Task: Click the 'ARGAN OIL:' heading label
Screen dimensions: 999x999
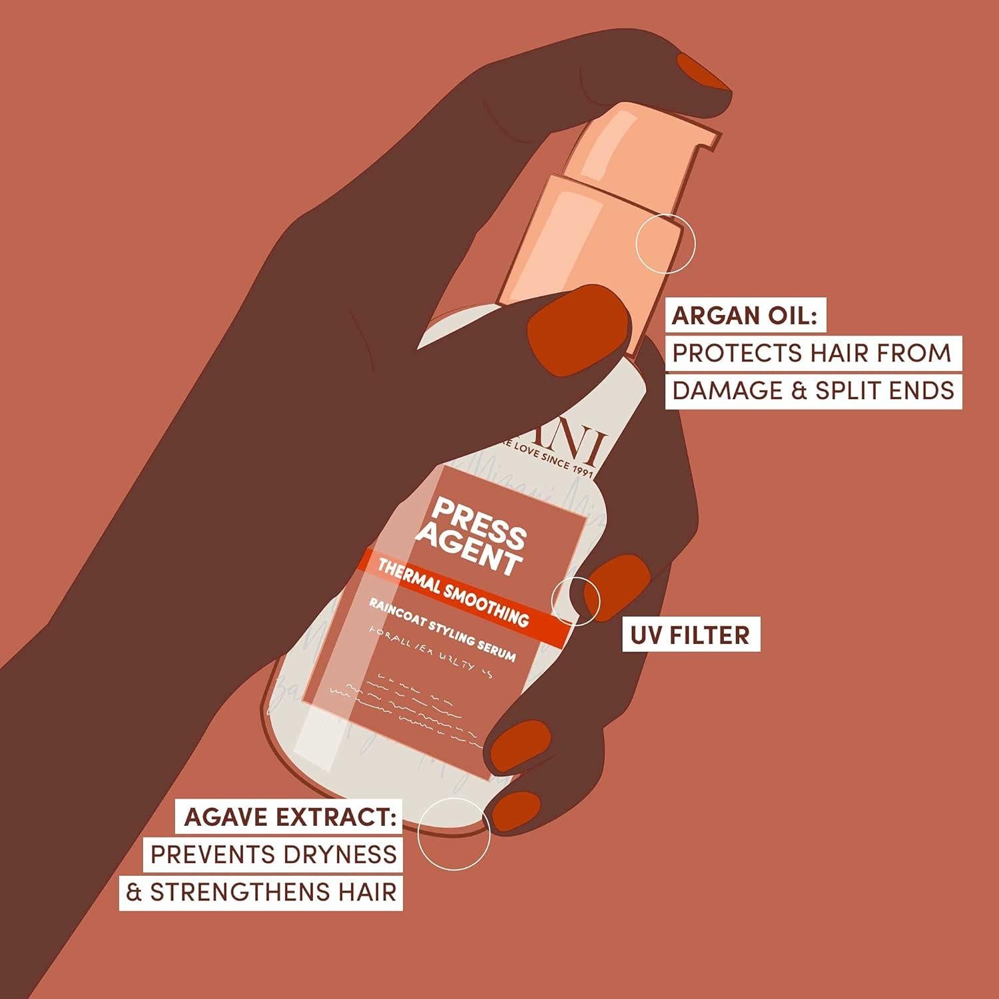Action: click(x=745, y=315)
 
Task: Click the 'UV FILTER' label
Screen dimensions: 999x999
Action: click(x=690, y=635)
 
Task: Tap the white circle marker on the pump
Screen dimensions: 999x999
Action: click(x=665, y=243)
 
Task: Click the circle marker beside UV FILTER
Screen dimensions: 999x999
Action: click(x=576, y=601)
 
